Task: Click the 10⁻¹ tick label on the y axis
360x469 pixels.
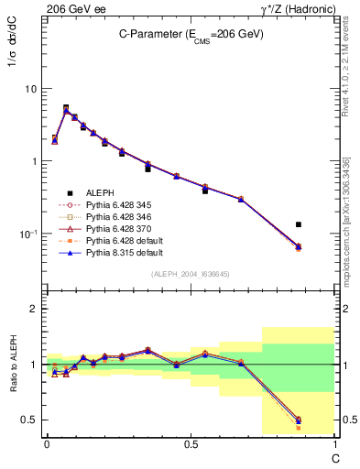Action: click(x=27, y=234)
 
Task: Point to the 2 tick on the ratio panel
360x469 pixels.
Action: click(x=34, y=309)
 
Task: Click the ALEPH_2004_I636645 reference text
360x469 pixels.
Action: click(x=191, y=273)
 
